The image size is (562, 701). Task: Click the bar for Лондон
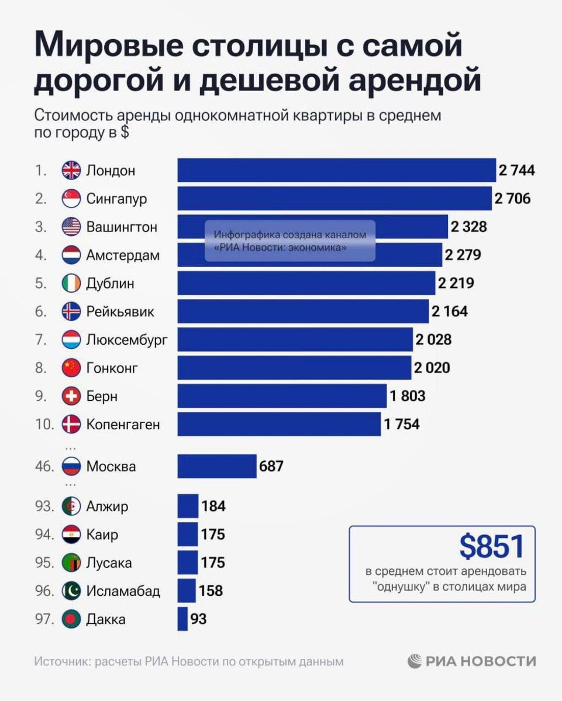tap(336, 171)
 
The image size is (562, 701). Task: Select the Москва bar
tap(217, 466)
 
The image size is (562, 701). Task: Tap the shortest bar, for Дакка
tap(182, 619)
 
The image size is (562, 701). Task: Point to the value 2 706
tap(512, 199)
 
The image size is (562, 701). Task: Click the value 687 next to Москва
tap(272, 466)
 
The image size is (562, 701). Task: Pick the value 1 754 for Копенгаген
tap(402, 425)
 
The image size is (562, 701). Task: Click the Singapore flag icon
tap(71, 199)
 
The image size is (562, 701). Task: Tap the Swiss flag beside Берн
tap(71, 396)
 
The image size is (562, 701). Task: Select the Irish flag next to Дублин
tap(71, 283)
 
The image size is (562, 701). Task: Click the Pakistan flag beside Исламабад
tap(71, 591)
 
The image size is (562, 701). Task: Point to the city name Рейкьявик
tap(120, 311)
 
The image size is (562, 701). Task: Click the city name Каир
tap(102, 534)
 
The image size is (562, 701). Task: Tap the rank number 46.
tap(44, 467)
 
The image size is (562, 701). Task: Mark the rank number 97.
tap(44, 619)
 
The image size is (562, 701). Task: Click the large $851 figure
tap(491, 547)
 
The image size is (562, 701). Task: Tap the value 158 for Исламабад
tap(211, 591)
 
